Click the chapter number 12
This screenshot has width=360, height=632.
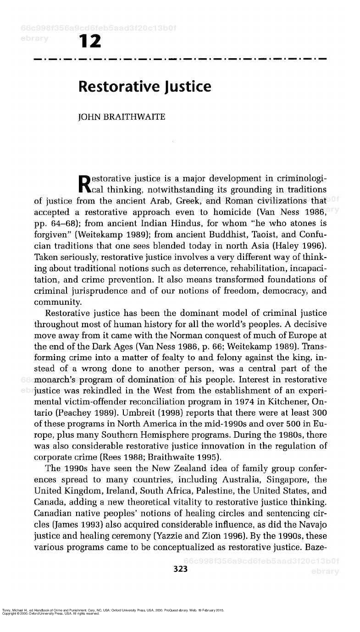[x=90, y=42]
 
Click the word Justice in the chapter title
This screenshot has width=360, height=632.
[x=185, y=87]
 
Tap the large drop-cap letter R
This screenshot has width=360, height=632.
[x=85, y=184]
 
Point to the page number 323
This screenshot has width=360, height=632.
[x=180, y=569]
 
